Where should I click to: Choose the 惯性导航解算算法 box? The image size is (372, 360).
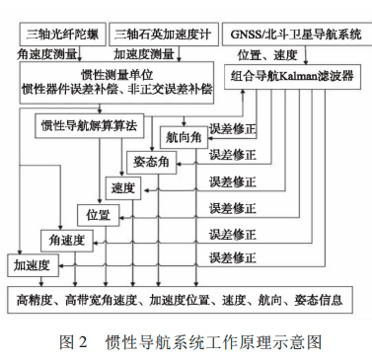pos(93,126)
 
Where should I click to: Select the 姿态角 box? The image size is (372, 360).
pos(152,161)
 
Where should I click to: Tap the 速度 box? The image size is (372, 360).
pos(122,187)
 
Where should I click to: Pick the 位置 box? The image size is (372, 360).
pos(98,214)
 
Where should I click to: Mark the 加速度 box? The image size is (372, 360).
pos(32,264)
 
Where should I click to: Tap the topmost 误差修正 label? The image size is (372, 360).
pos(233,128)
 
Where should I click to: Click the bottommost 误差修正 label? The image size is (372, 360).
pos(233,260)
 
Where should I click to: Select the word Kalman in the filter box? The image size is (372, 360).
pos(310,75)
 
